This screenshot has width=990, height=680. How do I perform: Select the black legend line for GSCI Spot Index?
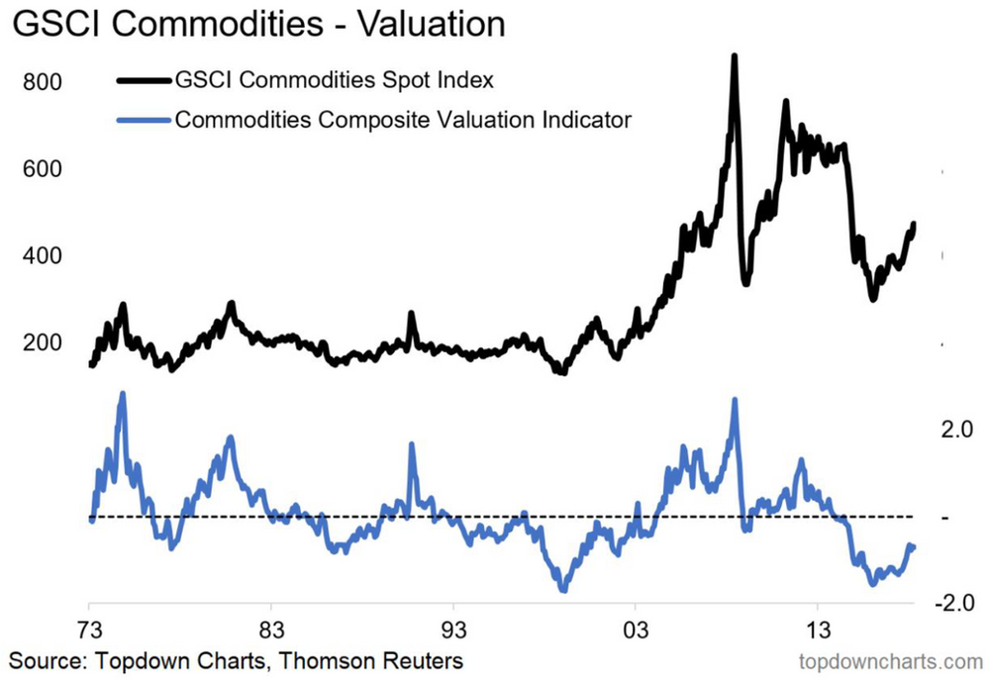[143, 79]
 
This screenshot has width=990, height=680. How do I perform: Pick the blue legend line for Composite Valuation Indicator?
[143, 120]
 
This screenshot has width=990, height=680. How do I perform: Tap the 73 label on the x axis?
[89, 631]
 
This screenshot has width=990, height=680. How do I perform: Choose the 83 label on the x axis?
[270, 631]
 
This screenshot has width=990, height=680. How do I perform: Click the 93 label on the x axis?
[452, 631]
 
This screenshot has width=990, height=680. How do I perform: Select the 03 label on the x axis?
[635, 631]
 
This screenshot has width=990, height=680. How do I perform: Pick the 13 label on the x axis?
[817, 631]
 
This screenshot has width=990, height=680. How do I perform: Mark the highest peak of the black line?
[734, 56]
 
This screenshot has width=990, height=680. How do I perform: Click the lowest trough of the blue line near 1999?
[563, 590]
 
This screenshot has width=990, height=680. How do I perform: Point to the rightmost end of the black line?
[914, 224]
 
